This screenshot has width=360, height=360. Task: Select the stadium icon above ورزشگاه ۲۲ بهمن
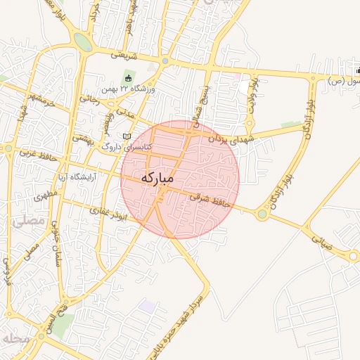(128, 77)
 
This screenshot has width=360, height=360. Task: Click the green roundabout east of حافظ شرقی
(262, 214)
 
